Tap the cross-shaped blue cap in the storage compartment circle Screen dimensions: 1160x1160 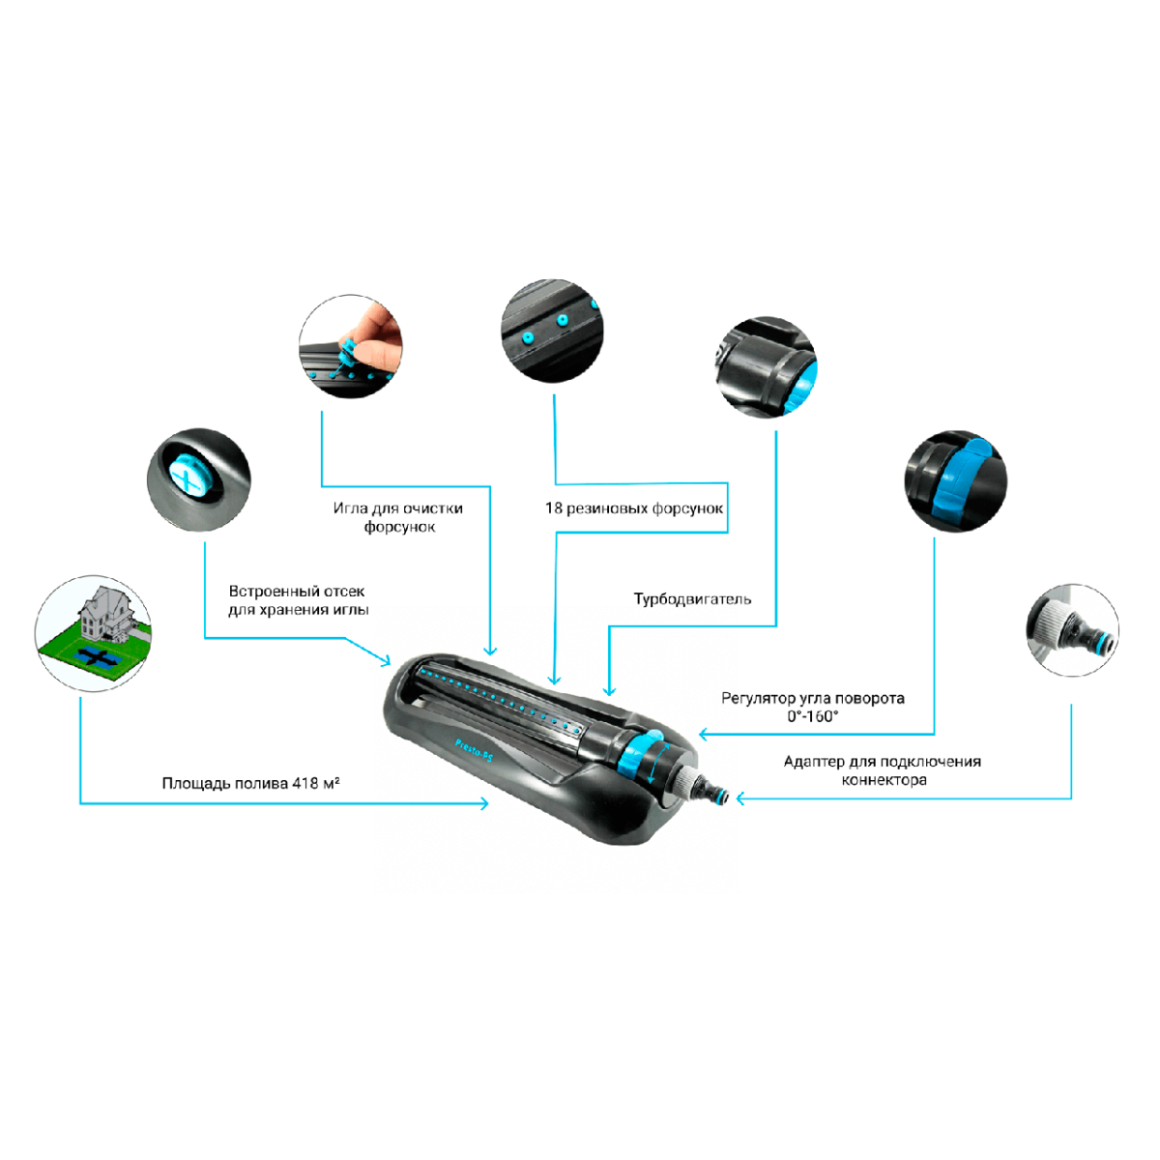coord(188,475)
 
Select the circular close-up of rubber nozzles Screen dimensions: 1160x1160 coord(551,331)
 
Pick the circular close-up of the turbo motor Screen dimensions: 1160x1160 coord(766,366)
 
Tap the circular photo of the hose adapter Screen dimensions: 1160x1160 coord(1072,629)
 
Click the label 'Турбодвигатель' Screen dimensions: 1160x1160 coord(692,599)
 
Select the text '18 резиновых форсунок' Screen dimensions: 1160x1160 coord(634,508)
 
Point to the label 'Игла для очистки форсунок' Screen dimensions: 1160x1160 coord(398,517)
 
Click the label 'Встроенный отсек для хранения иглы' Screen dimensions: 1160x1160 coord(298,600)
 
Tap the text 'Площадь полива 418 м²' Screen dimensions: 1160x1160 coord(250,783)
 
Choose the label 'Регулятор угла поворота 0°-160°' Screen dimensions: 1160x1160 coord(813,707)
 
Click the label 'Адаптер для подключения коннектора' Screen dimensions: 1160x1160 coord(882,770)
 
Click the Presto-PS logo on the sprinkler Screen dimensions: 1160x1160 coord(474,752)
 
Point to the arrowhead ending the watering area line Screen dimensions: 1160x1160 coord(484,803)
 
